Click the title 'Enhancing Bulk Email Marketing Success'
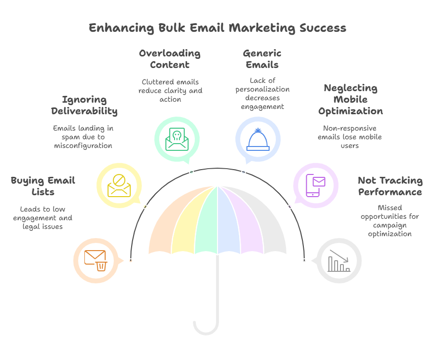[x=217, y=28]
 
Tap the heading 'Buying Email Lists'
[x=43, y=187]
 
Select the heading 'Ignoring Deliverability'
[x=84, y=106]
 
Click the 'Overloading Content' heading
[x=170, y=59]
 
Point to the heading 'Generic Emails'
[x=262, y=59]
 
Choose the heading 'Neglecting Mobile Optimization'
[x=351, y=100]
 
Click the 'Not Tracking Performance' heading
[x=390, y=187]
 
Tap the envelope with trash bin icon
[x=95, y=260]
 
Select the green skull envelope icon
[x=176, y=139]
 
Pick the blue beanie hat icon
[x=258, y=139]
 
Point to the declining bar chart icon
[x=339, y=260]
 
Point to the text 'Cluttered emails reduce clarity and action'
[x=170, y=91]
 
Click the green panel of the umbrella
[x=206, y=222]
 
